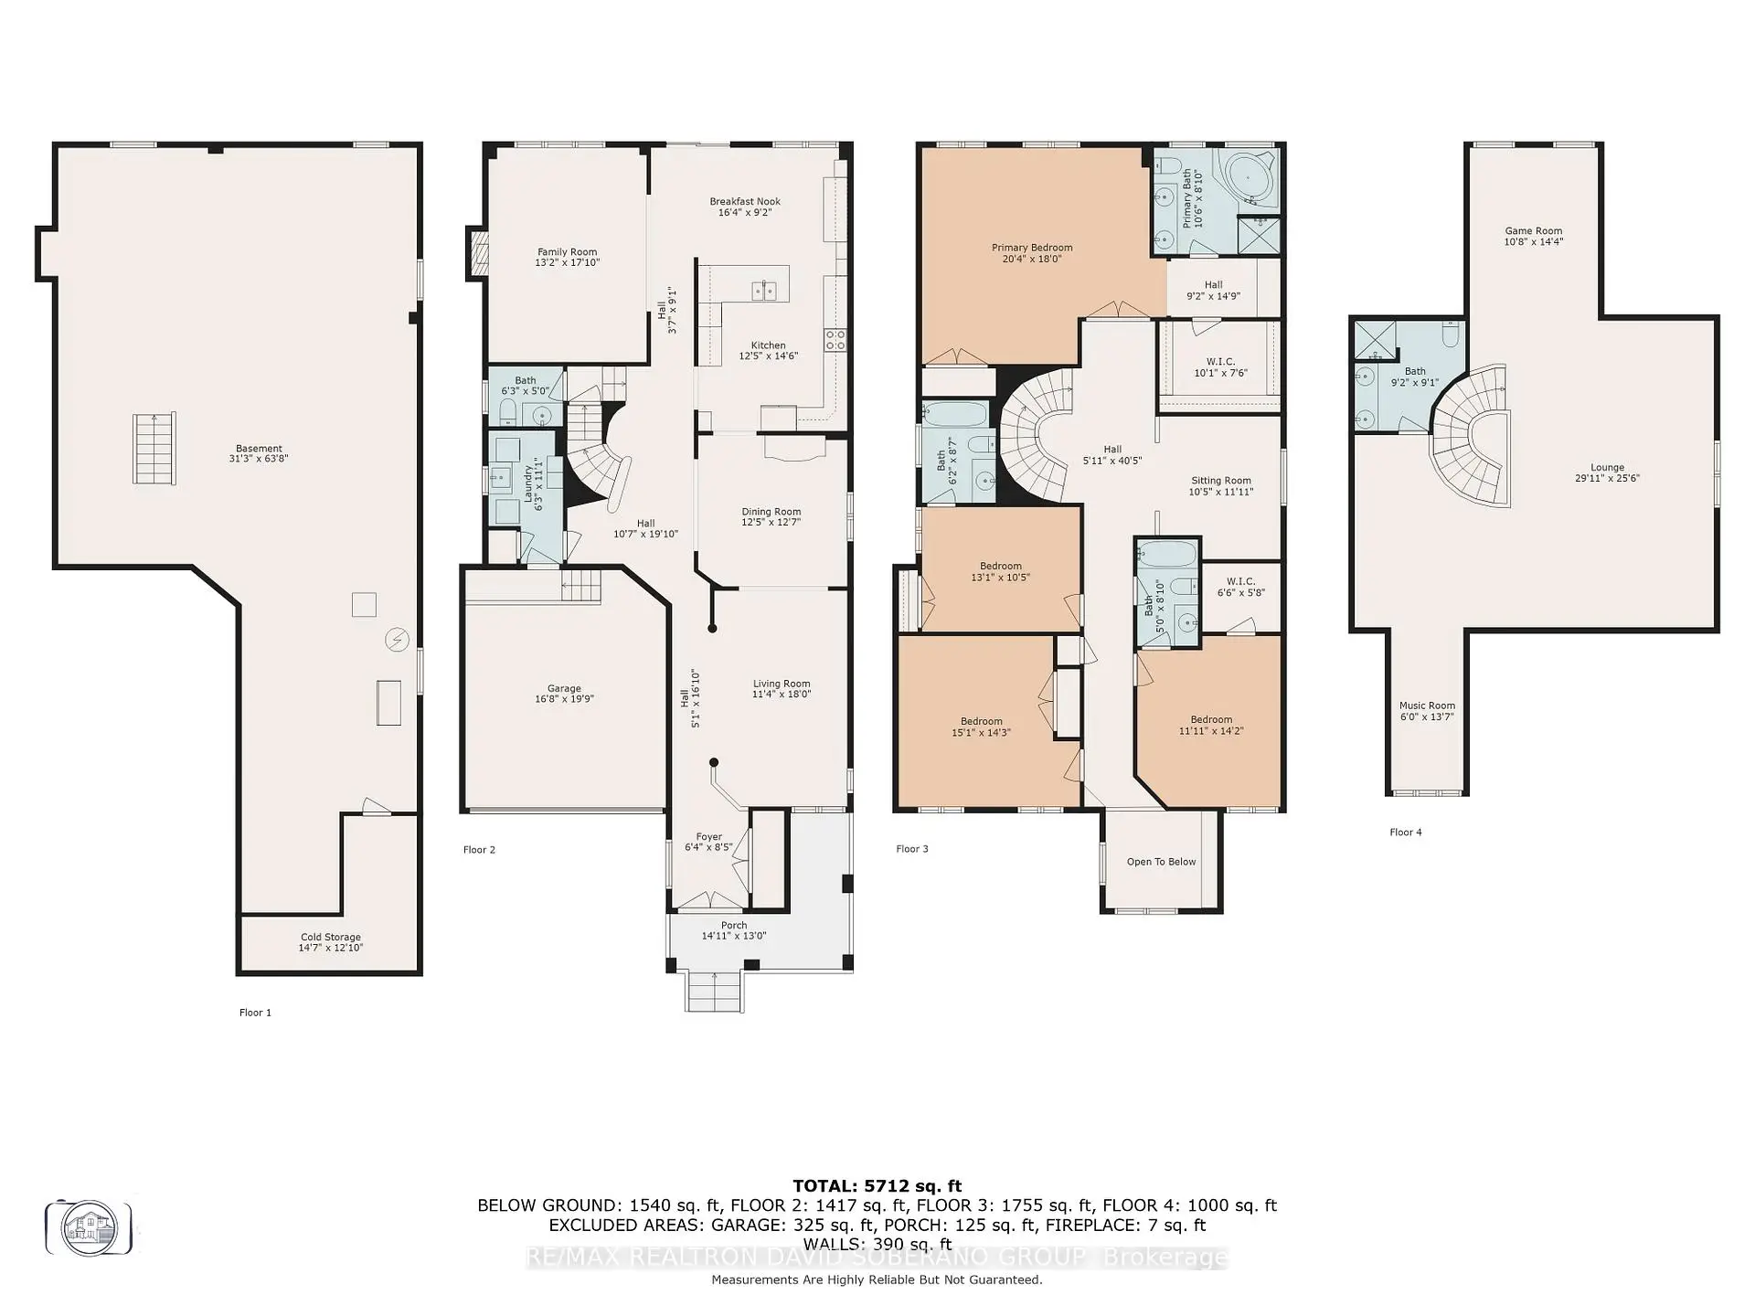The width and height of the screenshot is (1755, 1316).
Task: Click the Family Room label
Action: (x=567, y=251)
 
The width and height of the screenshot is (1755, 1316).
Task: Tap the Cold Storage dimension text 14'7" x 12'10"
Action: (x=330, y=948)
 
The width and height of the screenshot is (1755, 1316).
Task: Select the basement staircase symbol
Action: (x=154, y=448)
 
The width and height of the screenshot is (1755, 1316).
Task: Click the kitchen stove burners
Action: (x=835, y=340)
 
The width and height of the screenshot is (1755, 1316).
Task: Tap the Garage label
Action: (x=564, y=688)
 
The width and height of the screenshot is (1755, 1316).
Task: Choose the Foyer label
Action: (x=708, y=836)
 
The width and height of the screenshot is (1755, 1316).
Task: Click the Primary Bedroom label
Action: (x=1032, y=247)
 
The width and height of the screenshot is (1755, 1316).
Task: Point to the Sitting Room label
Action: (x=1220, y=480)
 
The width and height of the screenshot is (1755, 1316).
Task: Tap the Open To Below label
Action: (x=1161, y=861)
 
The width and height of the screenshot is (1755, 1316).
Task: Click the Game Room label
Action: (x=1533, y=231)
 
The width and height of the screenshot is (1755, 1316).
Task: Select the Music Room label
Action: (x=1427, y=706)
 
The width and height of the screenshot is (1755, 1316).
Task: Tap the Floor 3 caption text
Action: (x=911, y=849)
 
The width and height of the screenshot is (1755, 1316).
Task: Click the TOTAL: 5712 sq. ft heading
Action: (x=877, y=1186)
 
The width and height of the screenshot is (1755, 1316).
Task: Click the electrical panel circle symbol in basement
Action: (x=397, y=640)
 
